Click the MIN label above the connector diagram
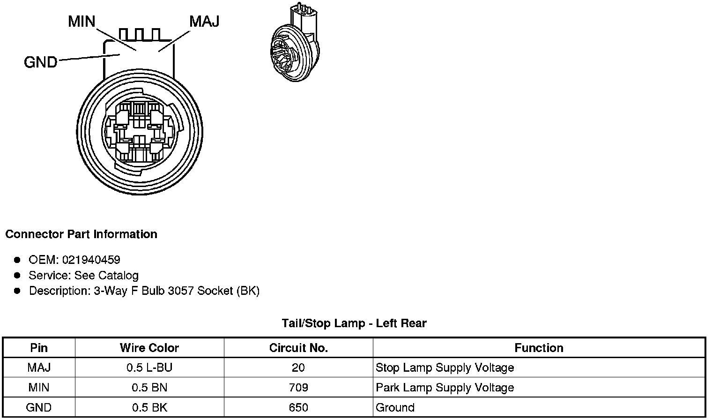(x=82, y=22)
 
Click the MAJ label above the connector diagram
(x=204, y=22)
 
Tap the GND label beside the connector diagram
(x=40, y=62)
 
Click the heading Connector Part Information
(x=82, y=234)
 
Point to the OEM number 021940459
(x=91, y=260)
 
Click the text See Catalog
(x=106, y=276)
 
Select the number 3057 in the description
(x=180, y=291)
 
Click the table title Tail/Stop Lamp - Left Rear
(x=354, y=323)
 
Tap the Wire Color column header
(x=149, y=348)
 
